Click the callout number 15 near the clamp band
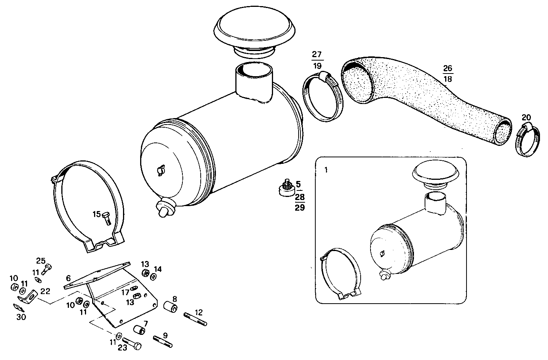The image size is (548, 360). click(x=96, y=214)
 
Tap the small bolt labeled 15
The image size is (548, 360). click(x=106, y=218)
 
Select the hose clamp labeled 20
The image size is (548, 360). click(x=528, y=140)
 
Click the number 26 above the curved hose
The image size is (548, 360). click(x=448, y=69)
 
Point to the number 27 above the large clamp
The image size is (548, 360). click(x=317, y=54)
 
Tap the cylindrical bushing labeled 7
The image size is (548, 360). click(x=140, y=329)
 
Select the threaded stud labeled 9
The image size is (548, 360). click(x=163, y=341)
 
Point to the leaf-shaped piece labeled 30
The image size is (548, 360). click(x=19, y=307)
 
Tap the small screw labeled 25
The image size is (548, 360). click(x=48, y=268)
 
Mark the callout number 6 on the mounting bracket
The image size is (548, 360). click(x=69, y=278)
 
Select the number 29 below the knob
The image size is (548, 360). click(x=300, y=208)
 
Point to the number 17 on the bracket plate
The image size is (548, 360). click(x=126, y=293)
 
